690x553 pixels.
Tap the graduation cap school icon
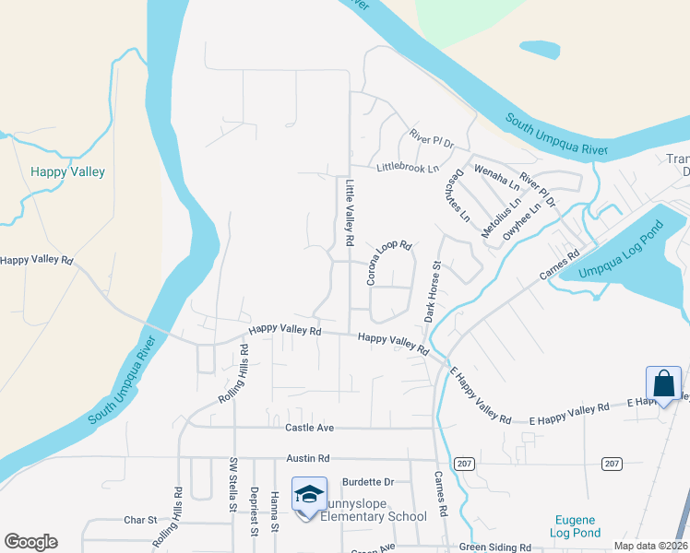(309, 495)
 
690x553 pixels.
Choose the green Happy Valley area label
(67, 171)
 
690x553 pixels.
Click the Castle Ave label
(308, 428)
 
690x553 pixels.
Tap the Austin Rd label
(308, 458)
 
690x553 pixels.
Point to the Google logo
(30, 541)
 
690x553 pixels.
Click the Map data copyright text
(650, 546)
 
